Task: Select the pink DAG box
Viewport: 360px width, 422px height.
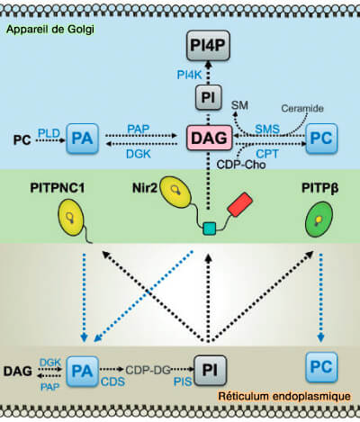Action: (x=207, y=136)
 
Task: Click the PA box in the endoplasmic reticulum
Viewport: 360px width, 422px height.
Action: (x=82, y=370)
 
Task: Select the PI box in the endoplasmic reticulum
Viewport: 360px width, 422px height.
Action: (x=208, y=370)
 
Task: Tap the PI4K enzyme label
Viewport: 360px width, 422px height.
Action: (x=174, y=73)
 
